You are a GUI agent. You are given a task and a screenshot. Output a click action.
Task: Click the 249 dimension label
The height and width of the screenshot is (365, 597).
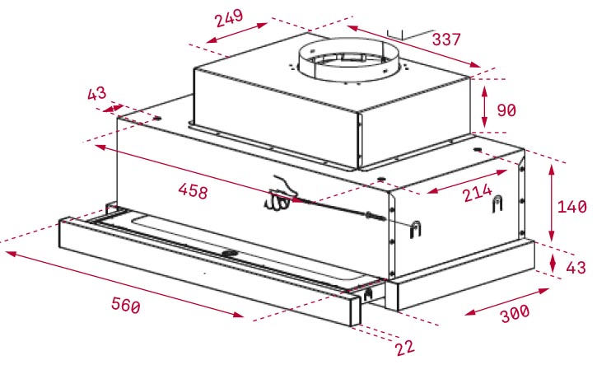tap(229, 18)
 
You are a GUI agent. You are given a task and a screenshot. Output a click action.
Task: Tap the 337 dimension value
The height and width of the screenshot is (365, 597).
tap(446, 40)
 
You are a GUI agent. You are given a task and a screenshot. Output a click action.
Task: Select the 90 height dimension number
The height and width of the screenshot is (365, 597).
tap(506, 110)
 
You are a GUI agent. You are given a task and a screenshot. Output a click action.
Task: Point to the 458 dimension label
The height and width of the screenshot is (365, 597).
tap(193, 190)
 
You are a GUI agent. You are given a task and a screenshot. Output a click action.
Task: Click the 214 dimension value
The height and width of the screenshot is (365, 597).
tap(478, 193)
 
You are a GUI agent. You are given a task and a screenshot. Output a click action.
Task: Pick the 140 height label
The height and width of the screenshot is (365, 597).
tap(571, 207)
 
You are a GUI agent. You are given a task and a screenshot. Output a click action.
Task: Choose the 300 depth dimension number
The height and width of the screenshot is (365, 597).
tap(515, 314)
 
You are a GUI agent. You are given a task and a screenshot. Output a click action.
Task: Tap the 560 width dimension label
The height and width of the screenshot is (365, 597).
tap(126, 305)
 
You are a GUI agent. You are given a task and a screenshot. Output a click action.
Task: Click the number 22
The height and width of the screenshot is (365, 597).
tap(405, 348)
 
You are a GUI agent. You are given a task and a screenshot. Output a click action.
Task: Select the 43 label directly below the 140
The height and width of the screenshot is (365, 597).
tap(576, 268)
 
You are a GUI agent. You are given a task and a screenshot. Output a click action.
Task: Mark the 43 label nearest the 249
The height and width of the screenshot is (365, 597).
tap(96, 94)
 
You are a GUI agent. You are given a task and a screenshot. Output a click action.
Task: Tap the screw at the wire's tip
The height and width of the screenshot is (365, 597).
tap(375, 217)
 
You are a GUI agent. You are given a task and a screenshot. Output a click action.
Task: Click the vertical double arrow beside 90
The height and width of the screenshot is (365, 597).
tap(484, 107)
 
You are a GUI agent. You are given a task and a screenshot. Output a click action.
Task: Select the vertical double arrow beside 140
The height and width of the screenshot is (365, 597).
tap(552, 203)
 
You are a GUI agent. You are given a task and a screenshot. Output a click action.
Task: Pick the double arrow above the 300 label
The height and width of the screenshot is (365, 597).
tap(506, 302)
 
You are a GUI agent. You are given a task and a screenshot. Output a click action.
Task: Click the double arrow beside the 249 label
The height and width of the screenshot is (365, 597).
tap(236, 33)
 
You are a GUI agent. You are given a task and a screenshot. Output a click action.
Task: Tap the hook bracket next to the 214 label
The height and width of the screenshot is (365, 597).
tap(497, 204)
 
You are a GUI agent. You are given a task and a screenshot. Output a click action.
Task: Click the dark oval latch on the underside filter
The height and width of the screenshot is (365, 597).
tap(229, 253)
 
